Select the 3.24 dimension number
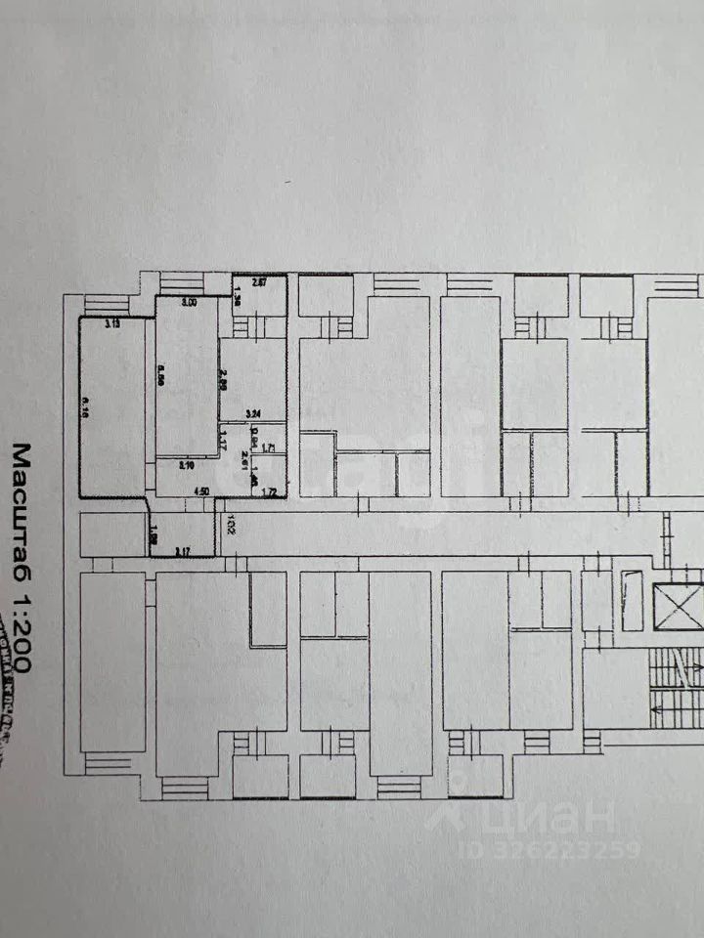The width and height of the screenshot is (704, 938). pyautogui.click(x=255, y=412)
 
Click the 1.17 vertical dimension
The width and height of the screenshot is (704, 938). pyautogui.click(x=224, y=440)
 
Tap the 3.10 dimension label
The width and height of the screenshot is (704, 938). pyautogui.click(x=187, y=466)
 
